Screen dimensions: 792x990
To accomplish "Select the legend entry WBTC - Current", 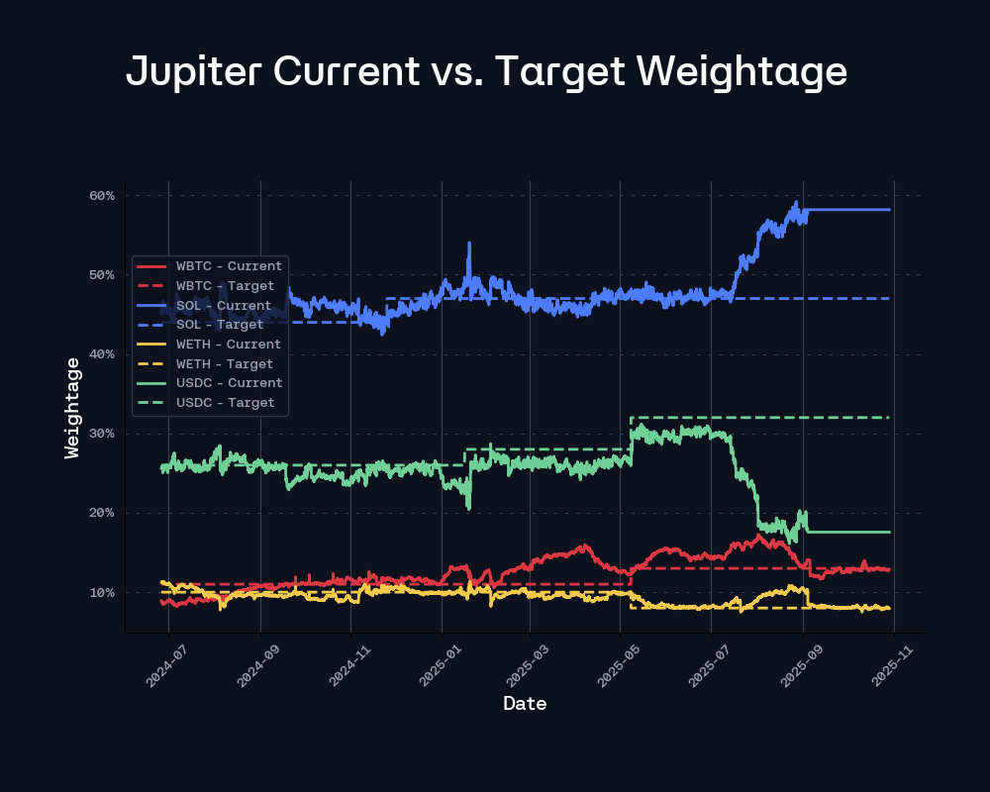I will pos(229,265).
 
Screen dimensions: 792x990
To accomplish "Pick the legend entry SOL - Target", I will pos(220,324).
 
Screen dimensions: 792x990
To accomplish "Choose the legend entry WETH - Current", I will pos(229,344).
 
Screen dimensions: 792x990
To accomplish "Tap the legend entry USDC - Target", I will pos(225,402).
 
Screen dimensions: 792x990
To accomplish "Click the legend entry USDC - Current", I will pos(229,382).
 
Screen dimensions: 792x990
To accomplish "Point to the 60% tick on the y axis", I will pos(103,196).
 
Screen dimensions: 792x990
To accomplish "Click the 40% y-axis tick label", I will pos(103,354).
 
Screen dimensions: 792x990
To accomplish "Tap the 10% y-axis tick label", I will pos(103,593).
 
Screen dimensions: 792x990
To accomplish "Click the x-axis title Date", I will pos(525,704).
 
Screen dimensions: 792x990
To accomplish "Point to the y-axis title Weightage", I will pos(71,408).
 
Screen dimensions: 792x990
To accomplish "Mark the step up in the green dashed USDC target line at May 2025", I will pos(631,433).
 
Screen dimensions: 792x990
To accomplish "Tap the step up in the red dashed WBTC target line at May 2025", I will pos(631,576).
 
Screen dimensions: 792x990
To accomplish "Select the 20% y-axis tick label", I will pos(103,513).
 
